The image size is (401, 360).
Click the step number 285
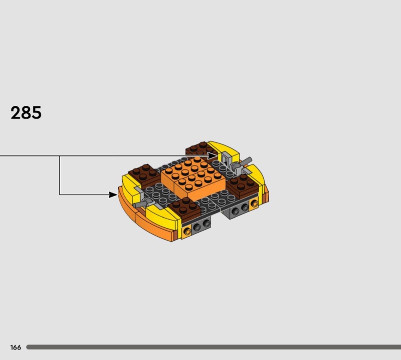(x=26, y=113)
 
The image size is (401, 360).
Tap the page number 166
(x=16, y=347)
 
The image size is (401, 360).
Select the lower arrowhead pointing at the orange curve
(x=114, y=195)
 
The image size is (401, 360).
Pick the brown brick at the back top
(x=197, y=149)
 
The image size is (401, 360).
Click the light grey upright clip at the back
(x=225, y=159)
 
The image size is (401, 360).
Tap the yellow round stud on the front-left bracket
(x=187, y=231)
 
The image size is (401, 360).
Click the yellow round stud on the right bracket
(x=254, y=204)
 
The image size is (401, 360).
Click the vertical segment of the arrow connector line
(x=60, y=175)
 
